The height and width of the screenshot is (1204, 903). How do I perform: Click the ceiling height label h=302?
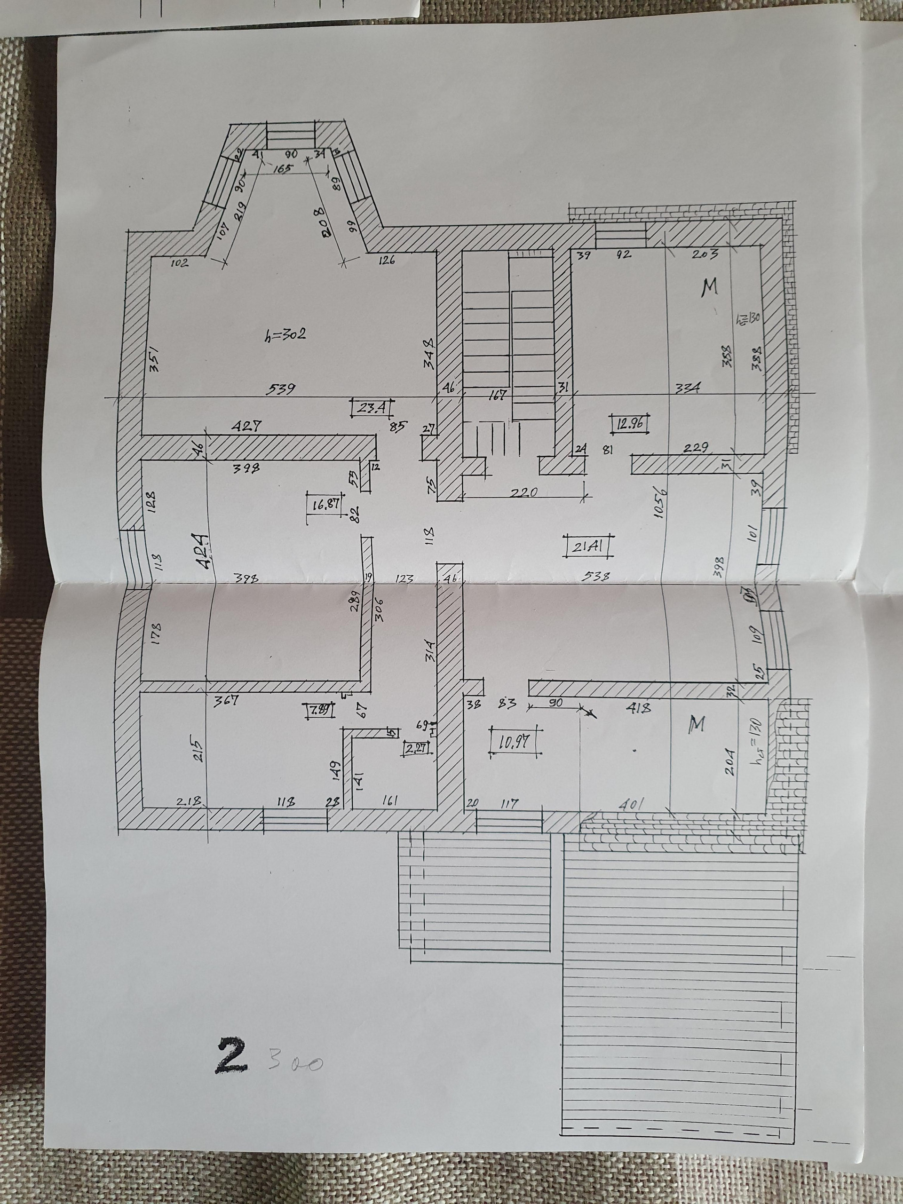[284, 333]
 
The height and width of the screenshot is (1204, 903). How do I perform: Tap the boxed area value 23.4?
[373, 407]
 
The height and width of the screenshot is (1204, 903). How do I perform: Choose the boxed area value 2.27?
[416, 748]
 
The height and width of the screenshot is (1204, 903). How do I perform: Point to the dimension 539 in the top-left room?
[281, 388]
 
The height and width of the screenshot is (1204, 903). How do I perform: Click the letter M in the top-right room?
[709, 286]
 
